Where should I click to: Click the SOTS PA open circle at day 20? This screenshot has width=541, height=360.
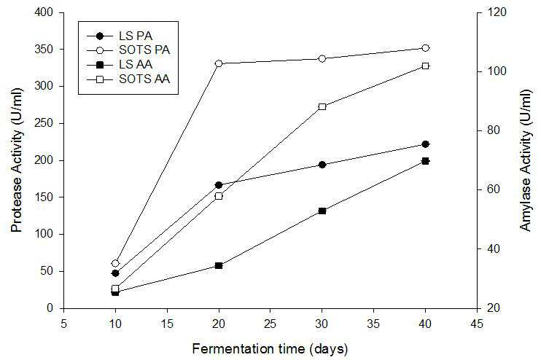[219, 63]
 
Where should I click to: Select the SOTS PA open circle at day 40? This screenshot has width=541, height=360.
[425, 48]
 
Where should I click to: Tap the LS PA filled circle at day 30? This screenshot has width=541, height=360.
[322, 165]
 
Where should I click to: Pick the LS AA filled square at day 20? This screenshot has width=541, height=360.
[219, 265]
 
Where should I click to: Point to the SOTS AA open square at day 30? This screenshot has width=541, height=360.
[322, 106]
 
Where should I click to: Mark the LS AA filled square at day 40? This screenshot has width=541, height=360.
[425, 161]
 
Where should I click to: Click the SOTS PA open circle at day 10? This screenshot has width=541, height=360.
[115, 264]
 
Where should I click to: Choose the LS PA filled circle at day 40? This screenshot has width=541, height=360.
[425, 144]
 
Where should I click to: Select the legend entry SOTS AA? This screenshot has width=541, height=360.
[128, 79]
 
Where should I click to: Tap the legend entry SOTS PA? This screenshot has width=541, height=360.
[128, 50]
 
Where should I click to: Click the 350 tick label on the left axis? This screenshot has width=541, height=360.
[44, 50]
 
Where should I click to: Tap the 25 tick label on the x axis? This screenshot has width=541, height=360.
[270, 324]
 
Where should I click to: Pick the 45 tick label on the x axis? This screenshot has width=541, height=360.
[477, 324]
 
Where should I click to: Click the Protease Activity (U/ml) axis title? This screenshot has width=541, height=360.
[16, 160]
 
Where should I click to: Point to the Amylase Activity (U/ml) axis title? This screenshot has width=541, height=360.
[526, 160]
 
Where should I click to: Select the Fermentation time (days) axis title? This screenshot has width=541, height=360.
[270, 349]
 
